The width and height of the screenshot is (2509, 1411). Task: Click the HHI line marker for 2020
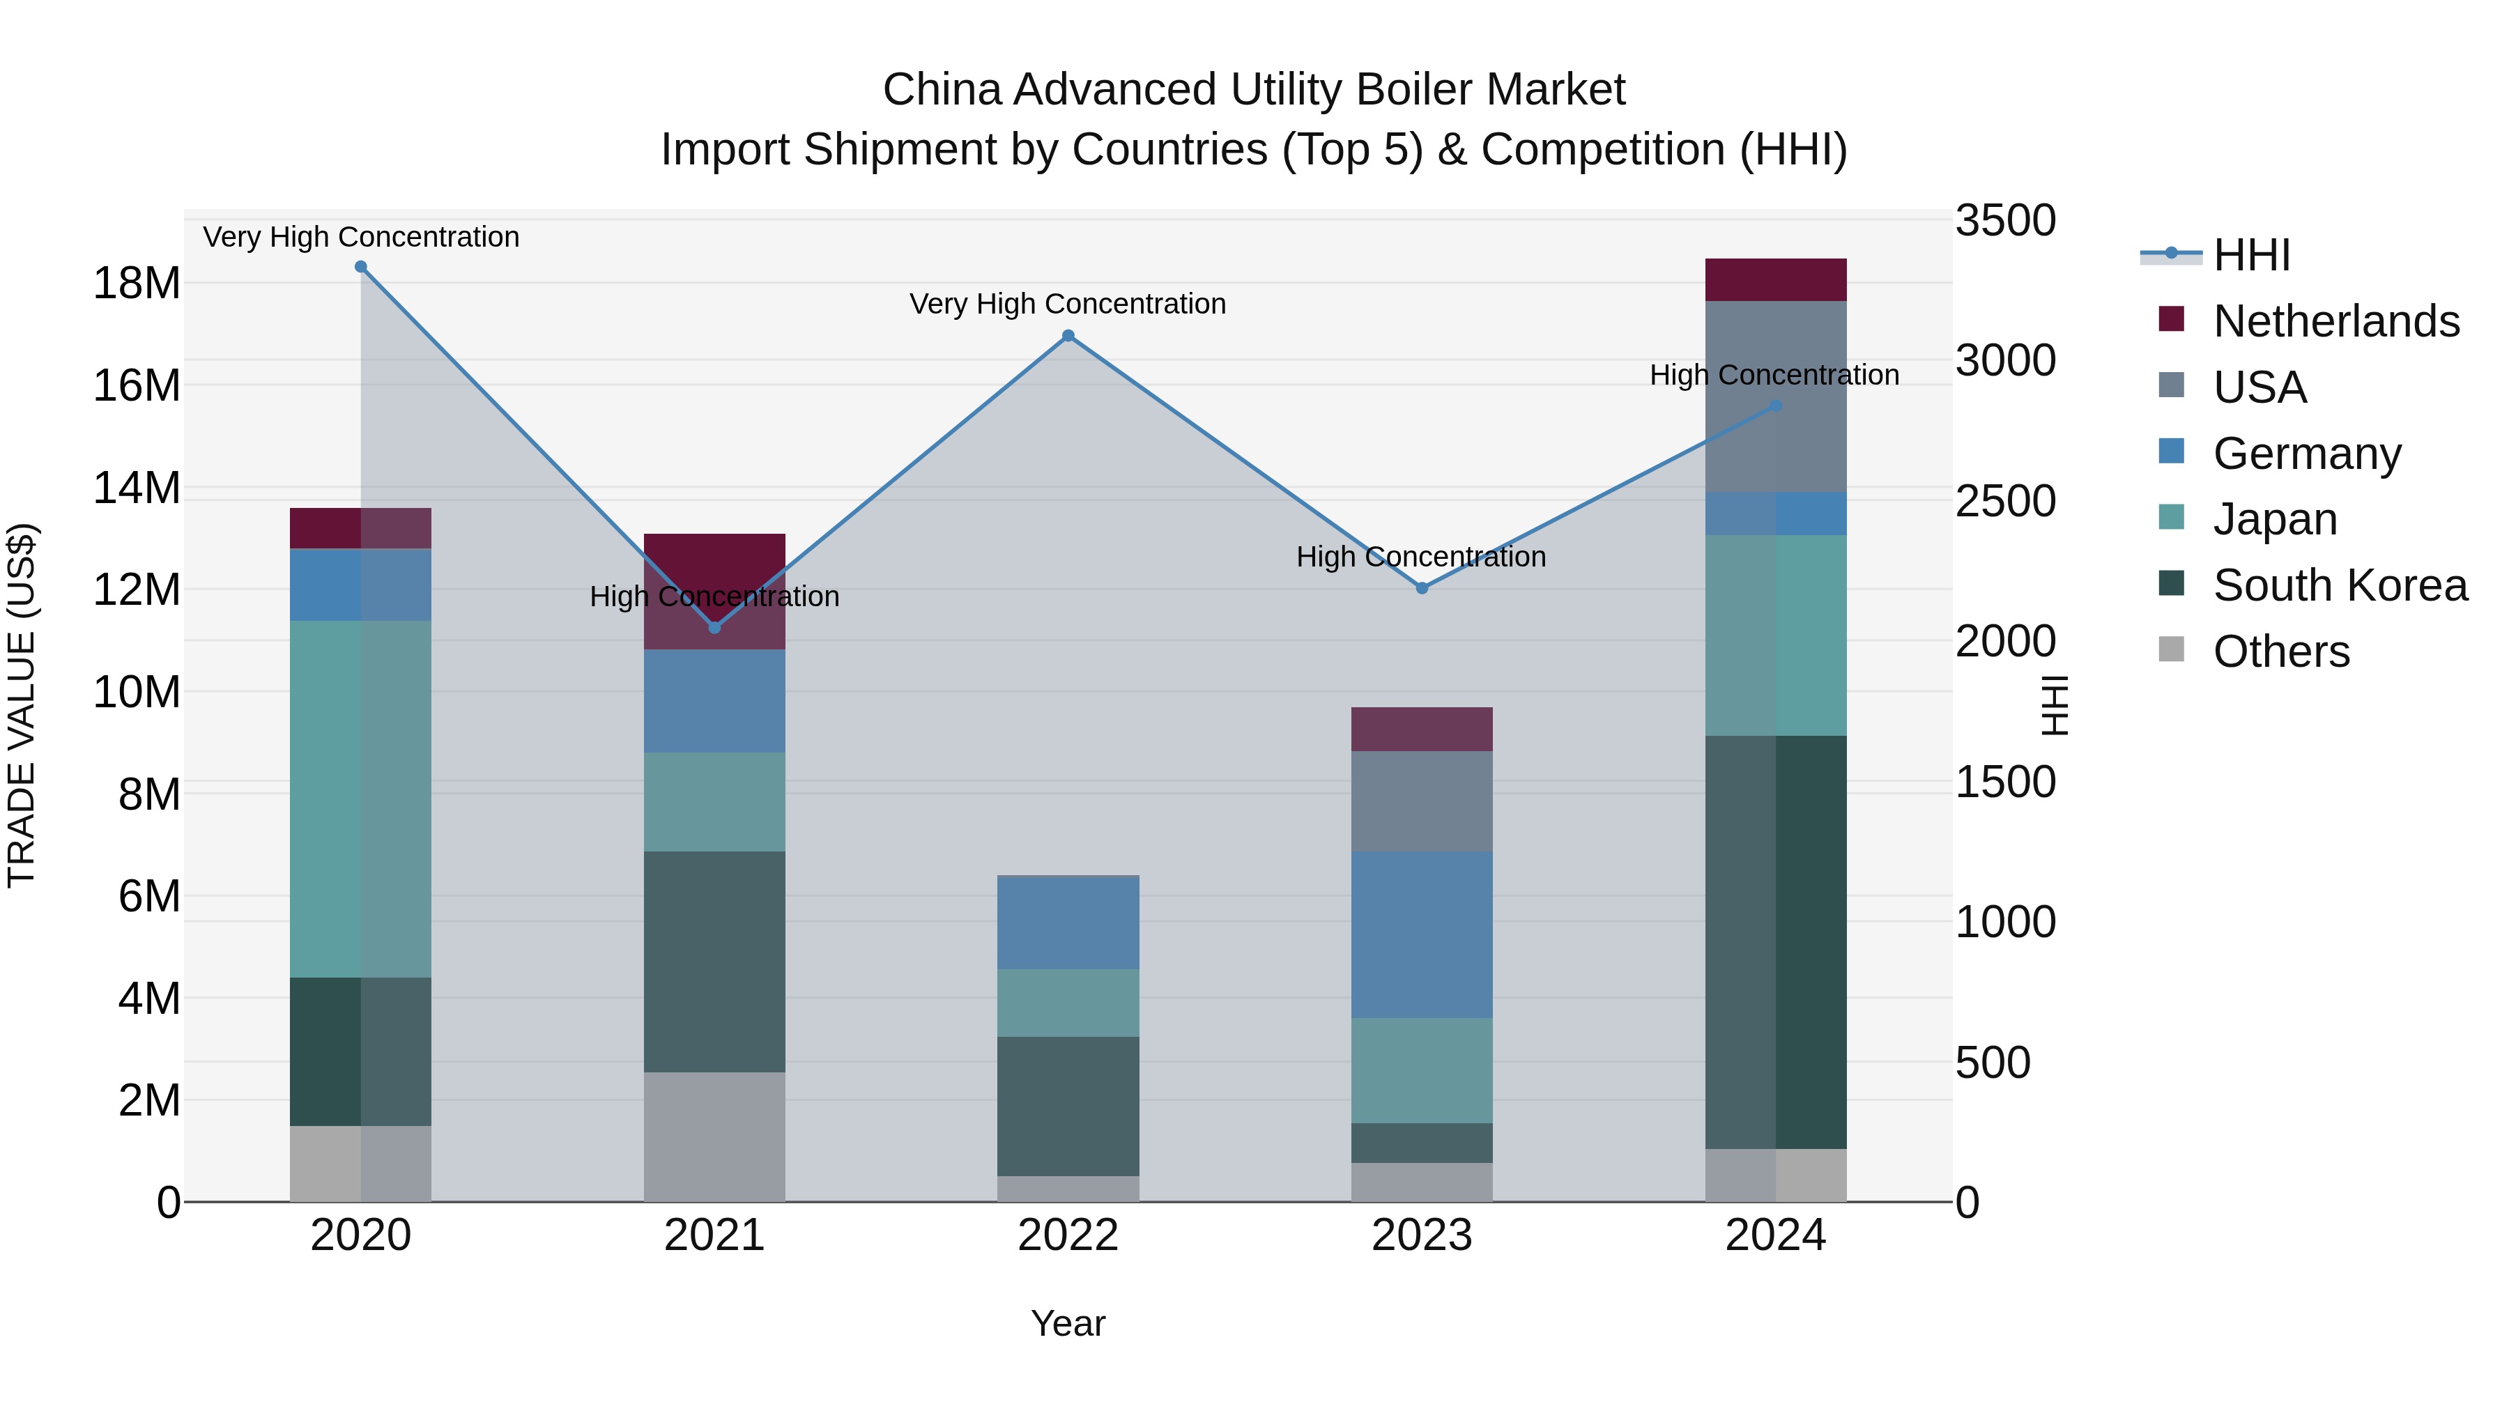[360, 267]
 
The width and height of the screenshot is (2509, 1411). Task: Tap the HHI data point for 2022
[1068, 336]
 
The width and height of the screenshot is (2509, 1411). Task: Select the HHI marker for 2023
[1421, 588]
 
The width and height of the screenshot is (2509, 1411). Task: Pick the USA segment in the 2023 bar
[1421, 801]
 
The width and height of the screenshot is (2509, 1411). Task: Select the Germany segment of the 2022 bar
[1068, 923]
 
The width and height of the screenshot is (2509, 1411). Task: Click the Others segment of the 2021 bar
[714, 1136]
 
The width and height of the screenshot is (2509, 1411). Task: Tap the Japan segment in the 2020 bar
[360, 799]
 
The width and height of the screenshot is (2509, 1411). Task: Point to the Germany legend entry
[2305, 454]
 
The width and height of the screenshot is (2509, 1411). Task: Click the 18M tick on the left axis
[137, 284]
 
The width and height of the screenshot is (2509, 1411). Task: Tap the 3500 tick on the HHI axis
[2004, 221]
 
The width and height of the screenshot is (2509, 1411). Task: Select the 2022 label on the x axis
[1068, 1235]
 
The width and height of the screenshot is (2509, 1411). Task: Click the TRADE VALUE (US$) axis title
[22, 705]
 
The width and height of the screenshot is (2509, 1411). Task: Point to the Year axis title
[1068, 1323]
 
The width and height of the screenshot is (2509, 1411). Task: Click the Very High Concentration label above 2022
[1068, 304]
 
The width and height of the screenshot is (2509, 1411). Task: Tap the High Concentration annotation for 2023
[1421, 557]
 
